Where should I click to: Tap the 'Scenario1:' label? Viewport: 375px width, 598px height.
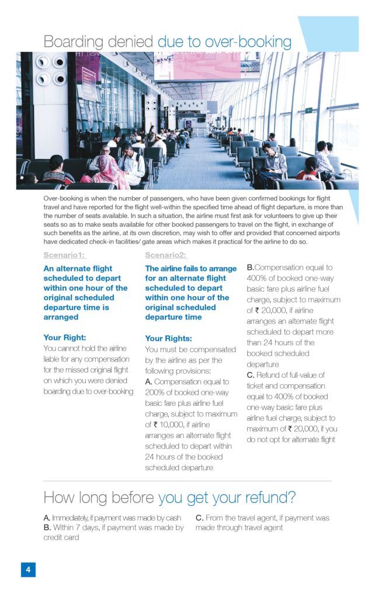tap(64, 255)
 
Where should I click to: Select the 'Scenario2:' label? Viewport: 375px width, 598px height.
tap(166, 255)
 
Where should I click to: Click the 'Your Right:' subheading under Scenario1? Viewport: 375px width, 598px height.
tap(65, 338)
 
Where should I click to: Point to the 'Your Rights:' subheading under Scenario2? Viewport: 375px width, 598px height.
tap(168, 339)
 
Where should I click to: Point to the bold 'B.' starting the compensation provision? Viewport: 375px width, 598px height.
tap(250, 267)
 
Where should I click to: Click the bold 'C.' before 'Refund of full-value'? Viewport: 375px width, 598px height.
tap(250, 375)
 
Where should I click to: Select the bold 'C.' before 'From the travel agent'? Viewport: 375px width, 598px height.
tap(199, 518)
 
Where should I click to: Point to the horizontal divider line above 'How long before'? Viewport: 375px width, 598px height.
tap(187, 481)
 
